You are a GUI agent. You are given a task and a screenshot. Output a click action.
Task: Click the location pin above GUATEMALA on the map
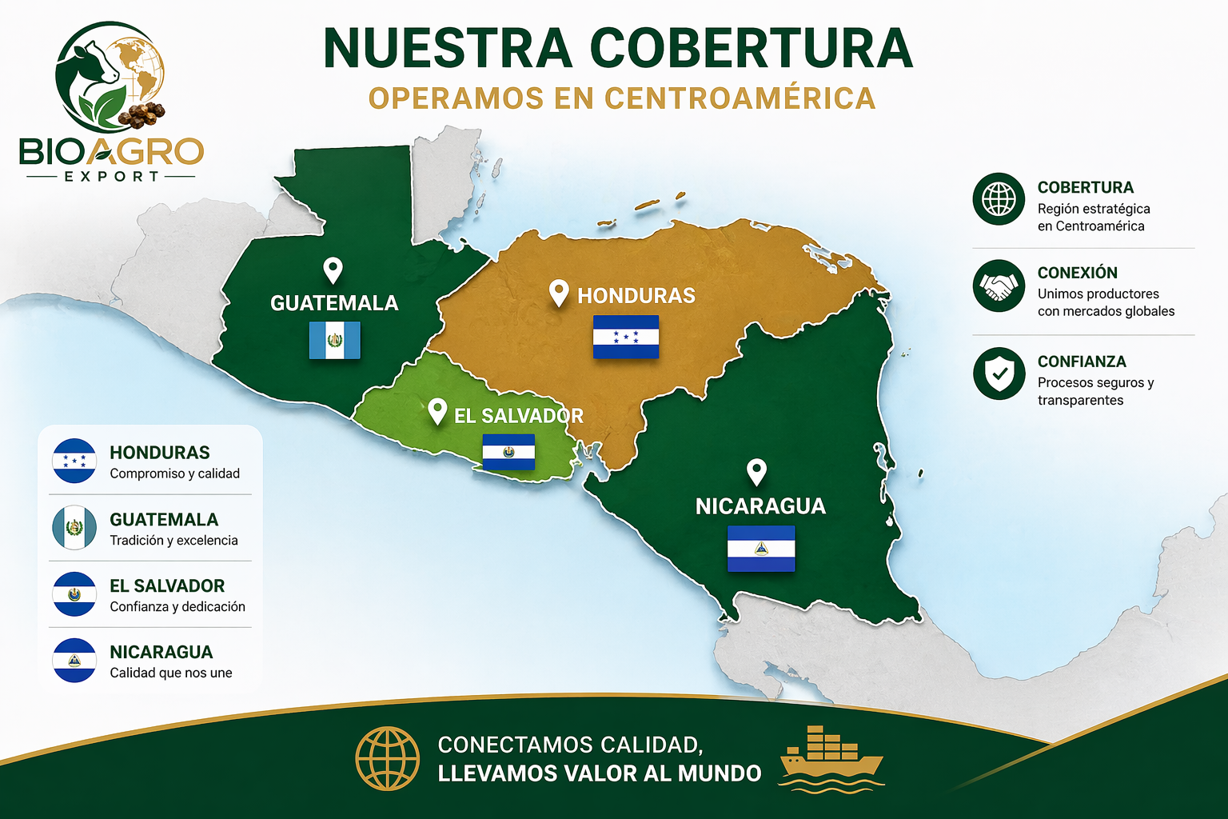click(333, 270)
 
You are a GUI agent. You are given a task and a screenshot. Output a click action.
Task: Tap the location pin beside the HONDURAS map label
click(559, 293)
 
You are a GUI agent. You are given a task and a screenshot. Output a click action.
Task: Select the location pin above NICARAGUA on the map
click(756, 472)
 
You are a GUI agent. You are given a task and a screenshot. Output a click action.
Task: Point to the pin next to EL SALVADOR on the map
click(437, 411)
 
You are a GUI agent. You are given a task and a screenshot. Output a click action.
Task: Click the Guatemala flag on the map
click(335, 340)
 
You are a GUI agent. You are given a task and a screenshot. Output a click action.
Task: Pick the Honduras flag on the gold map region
click(626, 337)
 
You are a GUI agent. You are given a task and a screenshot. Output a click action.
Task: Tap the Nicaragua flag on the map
click(761, 549)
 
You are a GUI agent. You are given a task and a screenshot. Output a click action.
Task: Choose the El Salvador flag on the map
click(508, 452)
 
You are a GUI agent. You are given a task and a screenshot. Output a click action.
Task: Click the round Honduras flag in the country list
click(74, 461)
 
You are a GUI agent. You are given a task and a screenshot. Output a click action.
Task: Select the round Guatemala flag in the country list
click(74, 528)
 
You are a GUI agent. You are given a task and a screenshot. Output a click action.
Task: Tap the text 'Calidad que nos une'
click(171, 673)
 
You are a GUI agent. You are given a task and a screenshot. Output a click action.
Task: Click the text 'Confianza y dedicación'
click(177, 606)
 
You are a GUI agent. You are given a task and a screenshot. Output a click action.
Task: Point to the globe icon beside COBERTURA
click(999, 198)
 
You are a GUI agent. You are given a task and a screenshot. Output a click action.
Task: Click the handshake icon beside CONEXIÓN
click(999, 286)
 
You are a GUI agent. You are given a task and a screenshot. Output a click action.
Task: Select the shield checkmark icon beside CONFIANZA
click(999, 373)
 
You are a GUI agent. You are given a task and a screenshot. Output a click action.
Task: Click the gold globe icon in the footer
click(388, 758)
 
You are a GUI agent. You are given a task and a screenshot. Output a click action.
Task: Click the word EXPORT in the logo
click(112, 176)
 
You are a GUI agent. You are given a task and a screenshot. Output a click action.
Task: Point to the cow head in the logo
click(92, 64)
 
